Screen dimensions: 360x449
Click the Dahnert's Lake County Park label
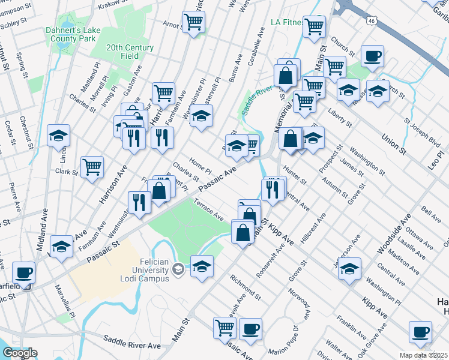[x=70, y=34]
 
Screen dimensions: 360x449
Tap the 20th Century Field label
[x=130, y=52]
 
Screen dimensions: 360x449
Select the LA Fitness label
[x=286, y=23]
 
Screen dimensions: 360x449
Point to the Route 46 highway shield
[x=372, y=20]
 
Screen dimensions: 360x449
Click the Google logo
[x=20, y=353]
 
